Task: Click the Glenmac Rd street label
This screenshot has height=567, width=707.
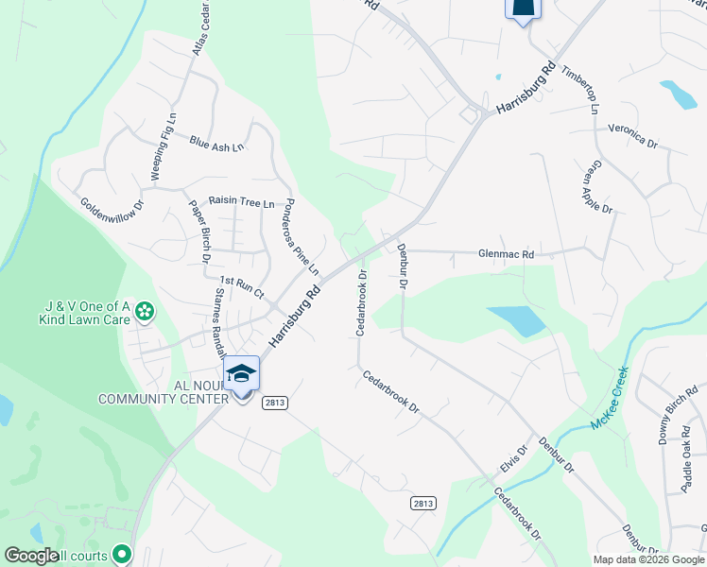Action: [507, 254]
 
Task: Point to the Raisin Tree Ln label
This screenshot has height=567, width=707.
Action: [241, 201]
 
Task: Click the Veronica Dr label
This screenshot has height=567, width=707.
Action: [632, 134]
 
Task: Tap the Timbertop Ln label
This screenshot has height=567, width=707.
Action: [579, 90]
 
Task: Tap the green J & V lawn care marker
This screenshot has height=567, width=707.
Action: [144, 310]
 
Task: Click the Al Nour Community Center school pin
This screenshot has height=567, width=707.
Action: [242, 374]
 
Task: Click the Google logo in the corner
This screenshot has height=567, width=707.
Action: [31, 556]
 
